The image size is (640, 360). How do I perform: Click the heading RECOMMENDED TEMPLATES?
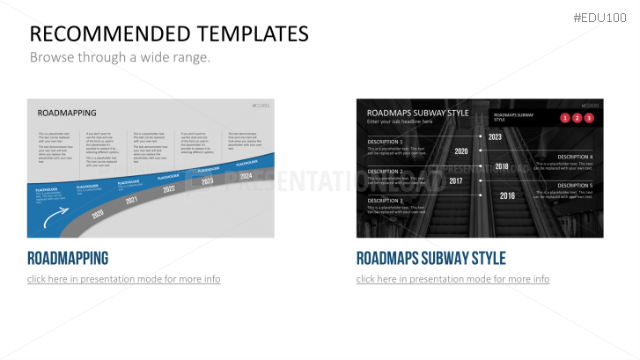point(169,34)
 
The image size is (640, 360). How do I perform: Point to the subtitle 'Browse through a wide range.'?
point(121,57)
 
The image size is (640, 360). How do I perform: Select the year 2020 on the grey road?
point(97,214)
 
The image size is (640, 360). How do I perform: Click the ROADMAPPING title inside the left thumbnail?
point(67,113)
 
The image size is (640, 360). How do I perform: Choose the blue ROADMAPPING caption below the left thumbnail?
point(68,258)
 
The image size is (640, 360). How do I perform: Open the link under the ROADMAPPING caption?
point(123,279)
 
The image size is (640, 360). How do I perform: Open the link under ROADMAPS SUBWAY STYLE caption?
point(452,279)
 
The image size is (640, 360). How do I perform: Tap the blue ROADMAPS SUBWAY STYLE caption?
point(430,258)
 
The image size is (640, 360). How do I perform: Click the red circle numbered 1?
point(564,117)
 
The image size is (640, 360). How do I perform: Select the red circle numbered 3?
point(589,117)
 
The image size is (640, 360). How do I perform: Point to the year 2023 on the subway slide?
point(495,136)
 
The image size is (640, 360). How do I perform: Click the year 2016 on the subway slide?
point(507,195)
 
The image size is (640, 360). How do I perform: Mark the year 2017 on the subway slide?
point(456,180)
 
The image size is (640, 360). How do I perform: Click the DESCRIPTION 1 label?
point(385,142)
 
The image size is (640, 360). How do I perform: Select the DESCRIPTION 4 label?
point(575,157)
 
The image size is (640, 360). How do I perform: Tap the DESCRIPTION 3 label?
point(385,201)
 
